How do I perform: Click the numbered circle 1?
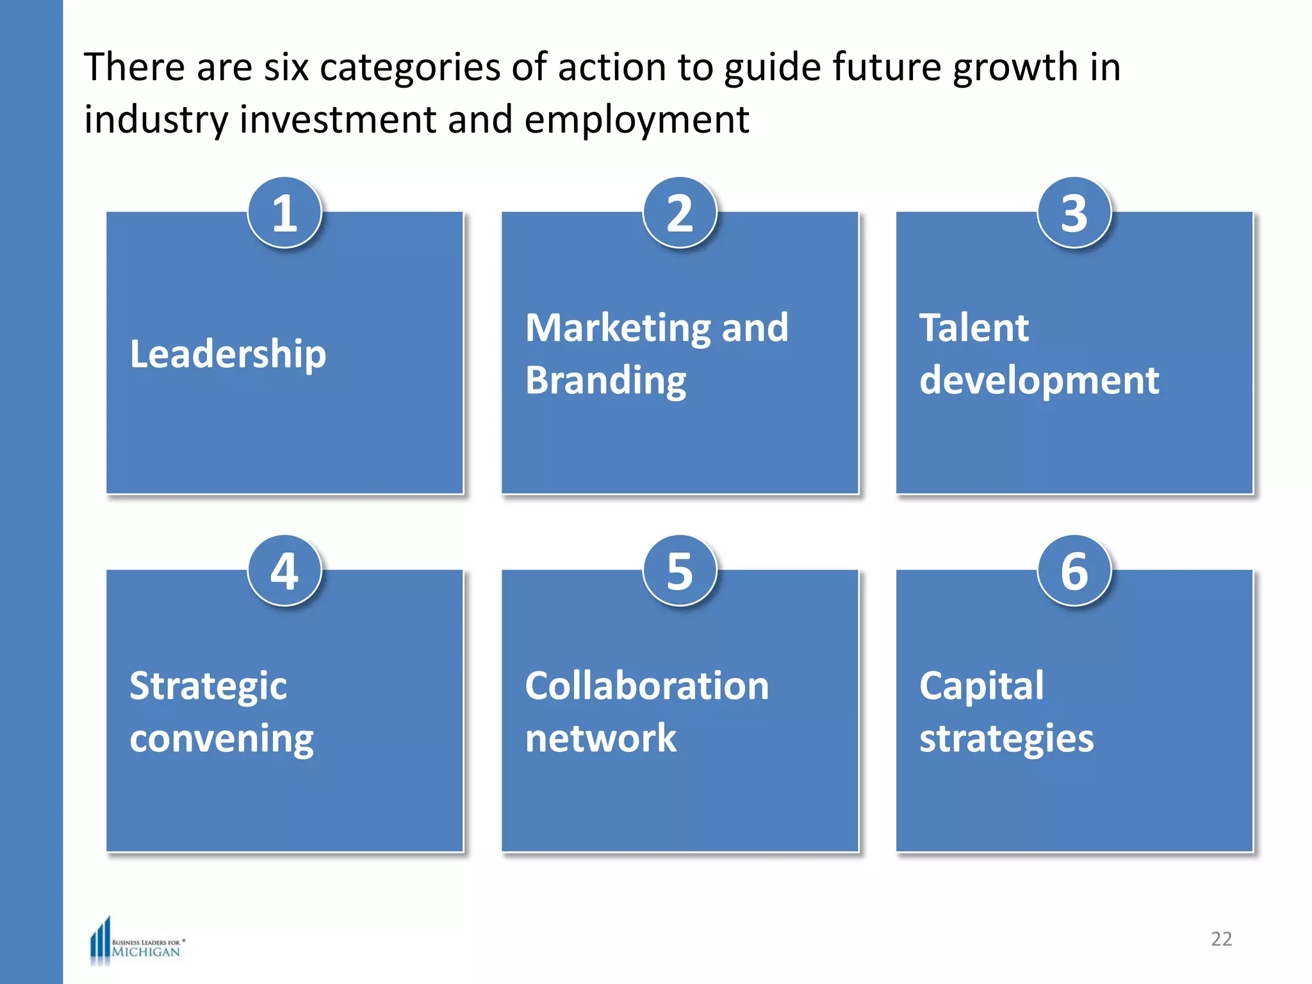click(284, 213)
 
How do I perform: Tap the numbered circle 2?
click(680, 213)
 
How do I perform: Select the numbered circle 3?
click(1074, 213)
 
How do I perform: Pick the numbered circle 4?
click(284, 571)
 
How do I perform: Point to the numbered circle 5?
click(680, 571)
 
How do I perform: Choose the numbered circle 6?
click(1074, 571)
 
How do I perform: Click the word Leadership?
click(228, 354)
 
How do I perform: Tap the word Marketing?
click(618, 328)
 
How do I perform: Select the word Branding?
click(605, 381)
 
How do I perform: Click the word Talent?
click(974, 328)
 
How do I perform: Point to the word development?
click(1039, 381)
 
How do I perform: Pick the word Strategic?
click(208, 687)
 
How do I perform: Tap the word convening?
click(222, 739)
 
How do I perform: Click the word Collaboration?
click(647, 686)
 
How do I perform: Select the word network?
click(600, 739)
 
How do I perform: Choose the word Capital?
click(981, 687)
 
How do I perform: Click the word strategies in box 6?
click(1006, 739)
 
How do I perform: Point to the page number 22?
click(1221, 939)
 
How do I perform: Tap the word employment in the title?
click(637, 120)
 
